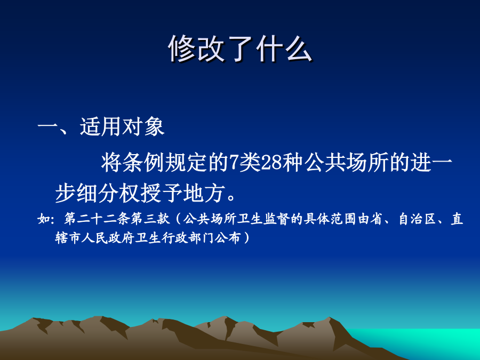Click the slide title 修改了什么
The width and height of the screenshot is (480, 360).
coord(241,49)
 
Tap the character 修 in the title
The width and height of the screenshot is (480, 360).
coord(182,49)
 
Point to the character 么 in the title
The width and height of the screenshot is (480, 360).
coord(299,49)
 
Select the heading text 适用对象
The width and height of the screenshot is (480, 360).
coord(122,126)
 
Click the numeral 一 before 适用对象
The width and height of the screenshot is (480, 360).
coord(47,126)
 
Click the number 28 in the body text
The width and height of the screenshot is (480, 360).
coord(271,163)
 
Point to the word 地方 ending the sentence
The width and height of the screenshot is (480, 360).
coord(204,193)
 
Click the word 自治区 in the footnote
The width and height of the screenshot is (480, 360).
coord(418,219)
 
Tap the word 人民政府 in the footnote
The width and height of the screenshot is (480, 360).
coord(108,238)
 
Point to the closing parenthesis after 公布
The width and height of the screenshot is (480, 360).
coord(246,238)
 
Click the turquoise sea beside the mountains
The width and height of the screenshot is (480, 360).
coord(429,341)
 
